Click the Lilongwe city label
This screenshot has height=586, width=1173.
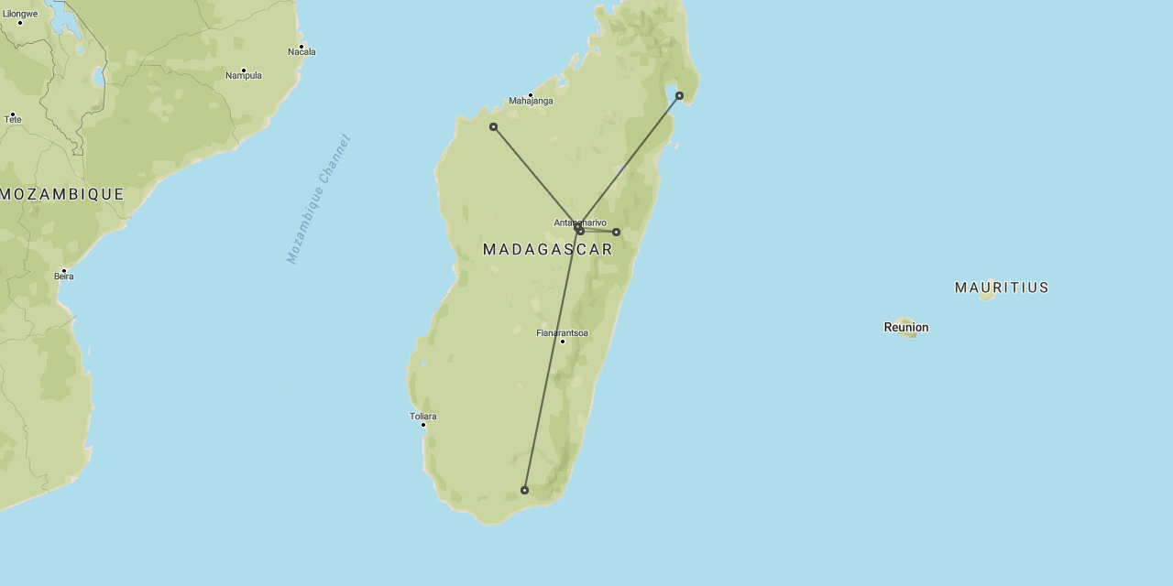[20, 14]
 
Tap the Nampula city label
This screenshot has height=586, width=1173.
[244, 76]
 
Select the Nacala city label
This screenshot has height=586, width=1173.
[301, 52]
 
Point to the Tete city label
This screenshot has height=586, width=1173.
[13, 120]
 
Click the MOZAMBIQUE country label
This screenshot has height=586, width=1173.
[62, 194]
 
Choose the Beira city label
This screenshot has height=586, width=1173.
[63, 277]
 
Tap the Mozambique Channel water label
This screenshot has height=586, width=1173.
[319, 199]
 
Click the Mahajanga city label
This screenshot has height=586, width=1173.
[531, 101]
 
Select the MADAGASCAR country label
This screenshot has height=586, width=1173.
[548, 249]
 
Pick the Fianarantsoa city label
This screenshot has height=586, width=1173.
[562, 333]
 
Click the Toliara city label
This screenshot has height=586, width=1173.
[422, 417]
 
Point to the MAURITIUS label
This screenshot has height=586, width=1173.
[1002, 288]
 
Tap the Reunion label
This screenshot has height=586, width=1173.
[906, 327]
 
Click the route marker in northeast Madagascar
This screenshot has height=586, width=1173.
[679, 95]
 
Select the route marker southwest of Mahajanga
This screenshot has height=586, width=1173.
[493, 126]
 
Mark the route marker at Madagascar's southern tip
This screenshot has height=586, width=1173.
[524, 490]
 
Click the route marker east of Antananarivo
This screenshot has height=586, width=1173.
[616, 232]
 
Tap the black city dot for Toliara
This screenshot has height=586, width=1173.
[423, 425]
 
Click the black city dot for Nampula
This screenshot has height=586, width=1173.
[244, 70]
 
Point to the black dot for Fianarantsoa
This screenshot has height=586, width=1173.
[563, 342]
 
